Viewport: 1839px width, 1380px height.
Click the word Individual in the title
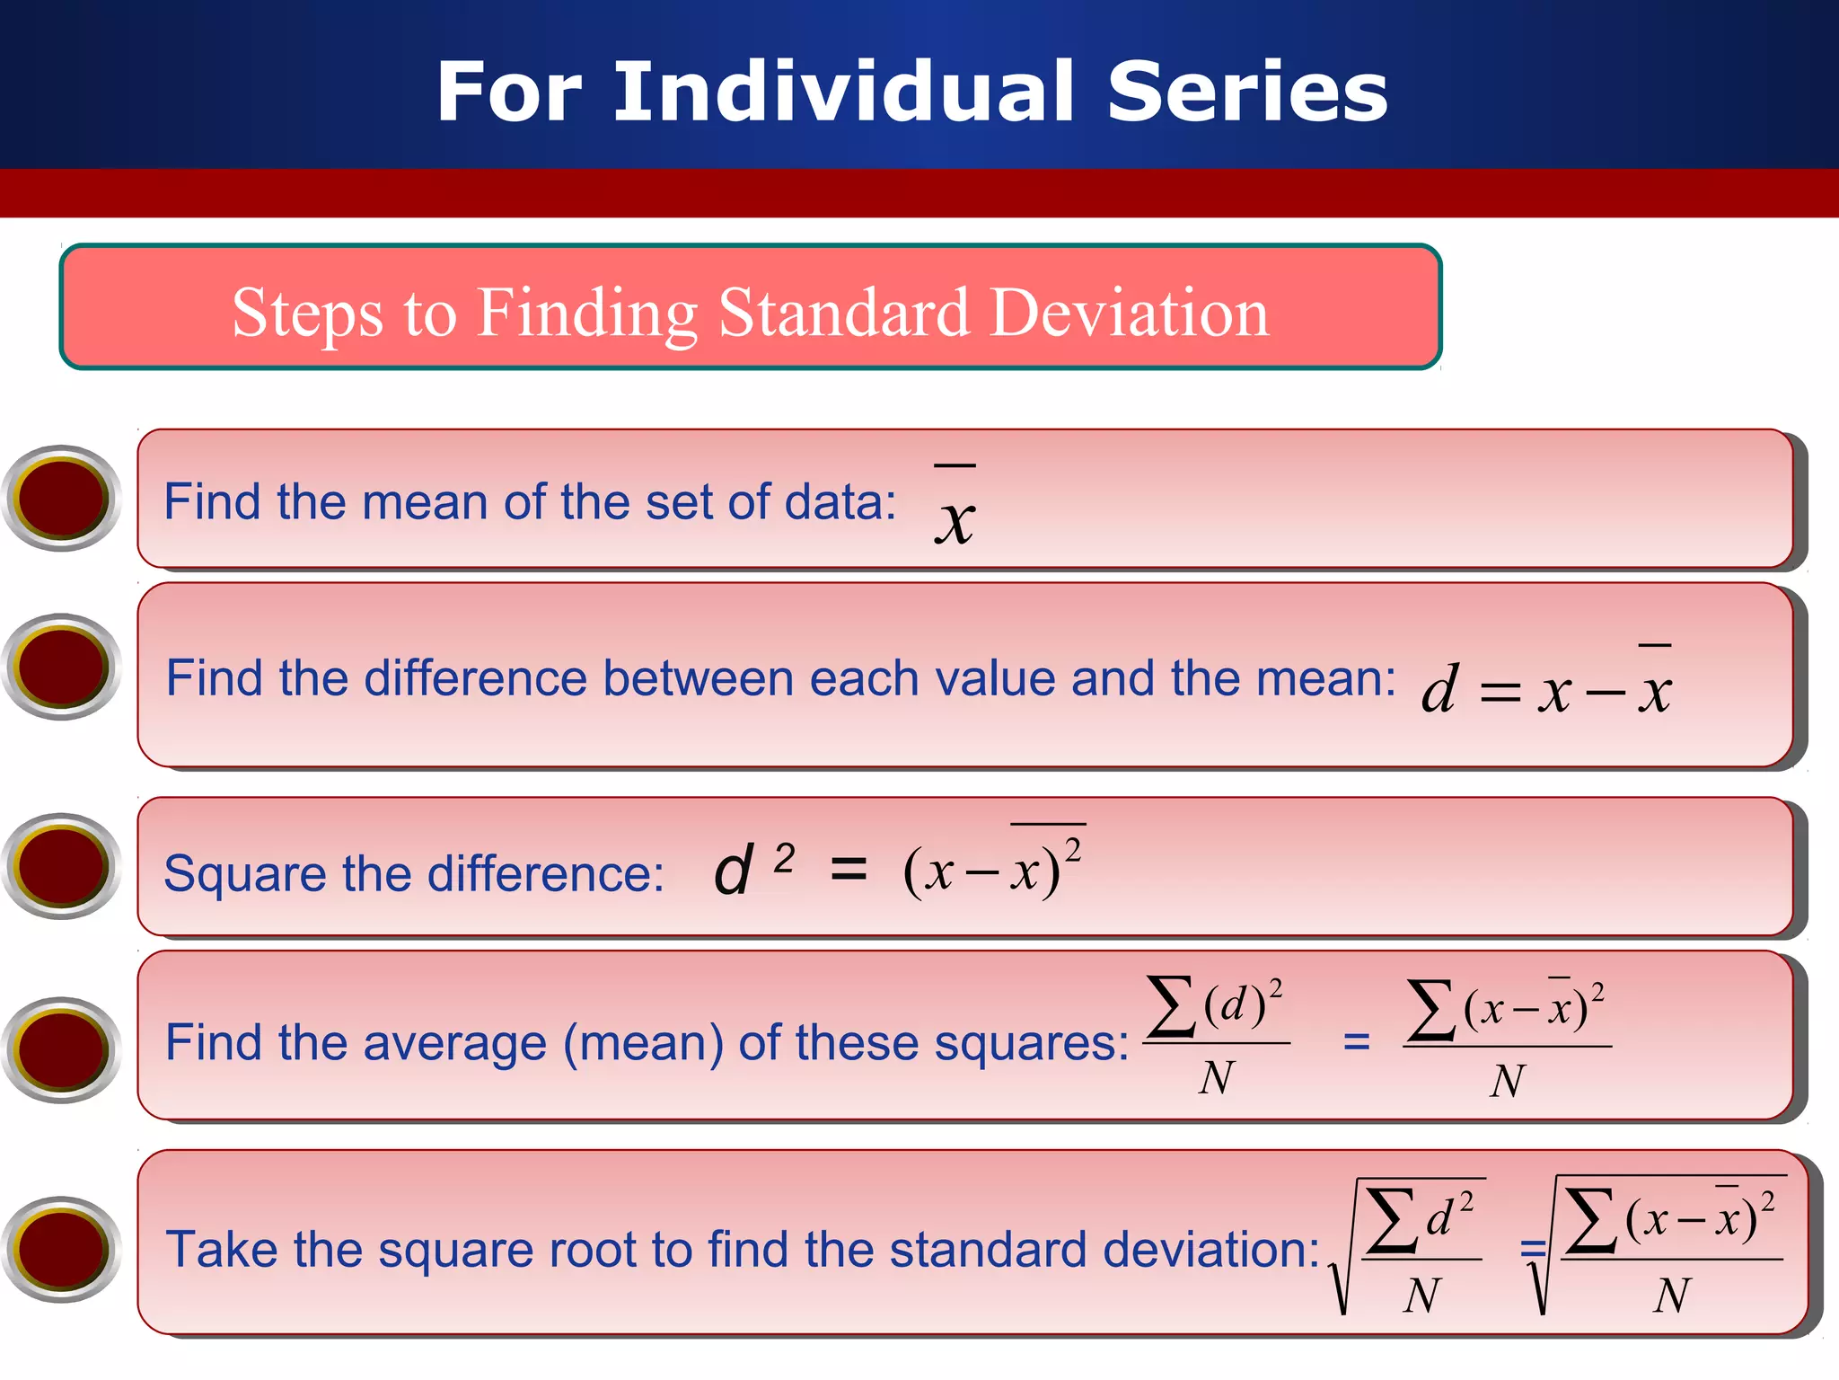pos(844,92)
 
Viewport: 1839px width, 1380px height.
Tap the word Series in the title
pos(1247,92)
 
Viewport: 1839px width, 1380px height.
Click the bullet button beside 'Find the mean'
pos(61,498)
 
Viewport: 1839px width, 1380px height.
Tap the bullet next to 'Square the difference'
pos(61,866)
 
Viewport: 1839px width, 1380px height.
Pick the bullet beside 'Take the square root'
pos(61,1249)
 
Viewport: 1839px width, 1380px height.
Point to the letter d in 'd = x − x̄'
pos(1439,690)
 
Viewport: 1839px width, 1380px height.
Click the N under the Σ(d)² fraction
pos(1217,1077)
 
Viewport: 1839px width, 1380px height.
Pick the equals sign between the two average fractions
pos(1356,1043)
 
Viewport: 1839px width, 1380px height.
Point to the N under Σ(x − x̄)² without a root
pos(1508,1081)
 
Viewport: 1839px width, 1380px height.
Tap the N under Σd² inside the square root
pos(1421,1296)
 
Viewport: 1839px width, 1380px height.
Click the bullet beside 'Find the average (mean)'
pos(61,1049)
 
